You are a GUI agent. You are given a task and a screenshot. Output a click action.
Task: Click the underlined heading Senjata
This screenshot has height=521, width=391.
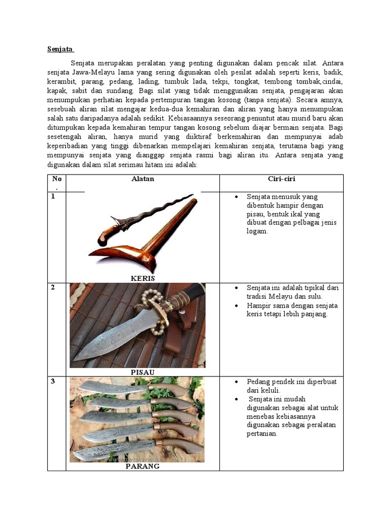coord(61,49)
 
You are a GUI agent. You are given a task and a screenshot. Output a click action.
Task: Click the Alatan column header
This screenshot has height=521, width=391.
coord(143,179)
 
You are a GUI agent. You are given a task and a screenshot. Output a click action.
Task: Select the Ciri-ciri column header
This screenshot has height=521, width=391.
coord(282,179)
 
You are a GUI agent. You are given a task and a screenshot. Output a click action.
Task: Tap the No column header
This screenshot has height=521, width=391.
coord(56,179)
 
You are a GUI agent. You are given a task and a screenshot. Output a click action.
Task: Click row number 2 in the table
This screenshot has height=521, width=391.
coord(52,288)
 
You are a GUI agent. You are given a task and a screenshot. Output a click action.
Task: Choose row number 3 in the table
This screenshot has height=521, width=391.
coord(52,382)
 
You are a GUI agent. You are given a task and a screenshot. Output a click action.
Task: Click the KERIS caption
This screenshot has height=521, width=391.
coord(143,278)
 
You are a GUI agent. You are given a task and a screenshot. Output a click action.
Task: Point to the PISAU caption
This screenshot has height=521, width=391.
coord(143,372)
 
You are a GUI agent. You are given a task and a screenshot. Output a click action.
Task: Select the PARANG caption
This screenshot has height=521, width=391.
coord(143,466)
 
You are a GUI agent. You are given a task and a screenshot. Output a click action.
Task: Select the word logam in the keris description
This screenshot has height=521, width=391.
coord(257,231)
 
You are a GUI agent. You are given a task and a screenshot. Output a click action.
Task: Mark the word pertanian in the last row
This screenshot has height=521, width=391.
coord(262,433)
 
